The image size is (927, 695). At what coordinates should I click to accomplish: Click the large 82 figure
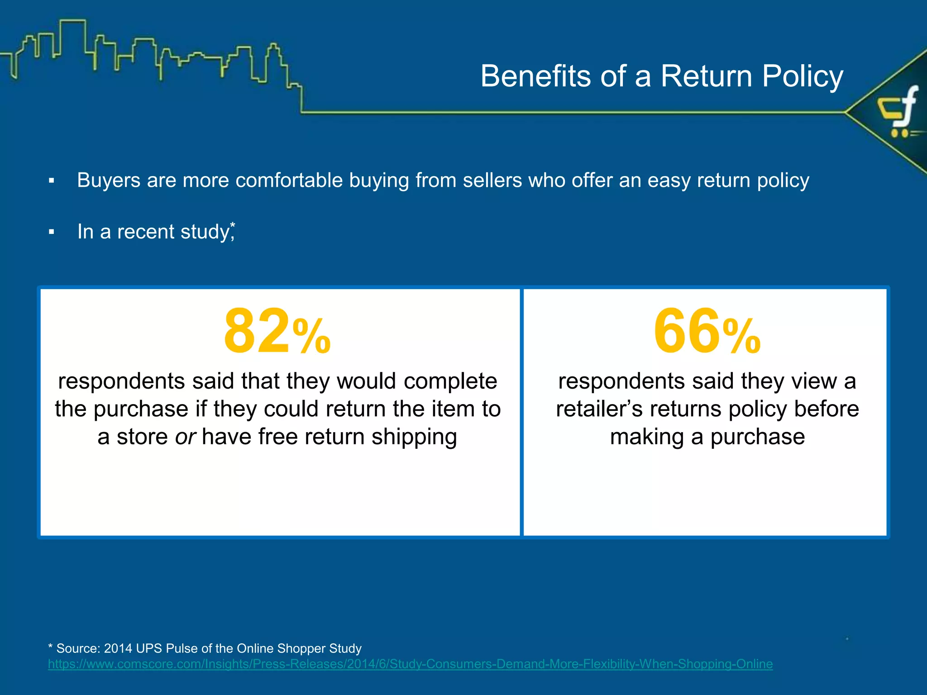[256, 331]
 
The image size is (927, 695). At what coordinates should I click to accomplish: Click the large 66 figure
[686, 331]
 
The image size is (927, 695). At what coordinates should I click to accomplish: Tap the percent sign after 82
[312, 336]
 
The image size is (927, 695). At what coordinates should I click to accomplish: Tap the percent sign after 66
[742, 336]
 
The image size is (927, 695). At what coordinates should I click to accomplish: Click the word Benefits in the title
[535, 76]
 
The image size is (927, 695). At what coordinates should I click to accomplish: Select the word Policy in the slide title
[803, 76]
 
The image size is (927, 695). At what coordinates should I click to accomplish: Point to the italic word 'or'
[185, 437]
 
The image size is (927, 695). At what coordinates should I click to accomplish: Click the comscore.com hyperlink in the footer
[410, 664]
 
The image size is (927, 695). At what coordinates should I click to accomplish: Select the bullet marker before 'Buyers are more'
[52, 181]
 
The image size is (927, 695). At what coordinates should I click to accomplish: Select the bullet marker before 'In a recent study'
[52, 232]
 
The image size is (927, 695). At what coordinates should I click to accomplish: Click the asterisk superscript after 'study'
[233, 225]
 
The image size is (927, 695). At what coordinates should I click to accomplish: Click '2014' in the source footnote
[118, 648]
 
